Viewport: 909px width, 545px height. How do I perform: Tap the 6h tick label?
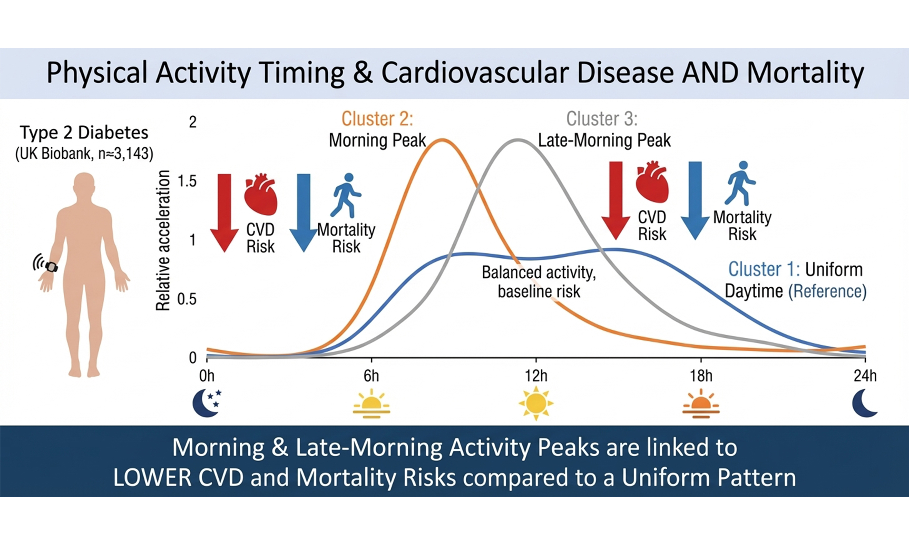(371, 376)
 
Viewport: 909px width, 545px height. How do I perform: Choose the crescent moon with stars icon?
(207, 403)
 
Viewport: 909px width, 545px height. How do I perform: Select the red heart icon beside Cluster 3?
(652, 182)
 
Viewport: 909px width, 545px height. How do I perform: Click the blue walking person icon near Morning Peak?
(346, 196)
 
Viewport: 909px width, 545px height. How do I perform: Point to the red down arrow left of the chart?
(224, 213)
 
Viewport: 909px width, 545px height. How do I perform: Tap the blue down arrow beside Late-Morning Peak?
(695, 200)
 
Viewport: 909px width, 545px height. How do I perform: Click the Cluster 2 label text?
(377, 119)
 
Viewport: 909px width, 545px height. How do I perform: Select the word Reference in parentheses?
(827, 291)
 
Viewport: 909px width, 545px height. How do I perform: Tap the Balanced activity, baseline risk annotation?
(539, 282)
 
